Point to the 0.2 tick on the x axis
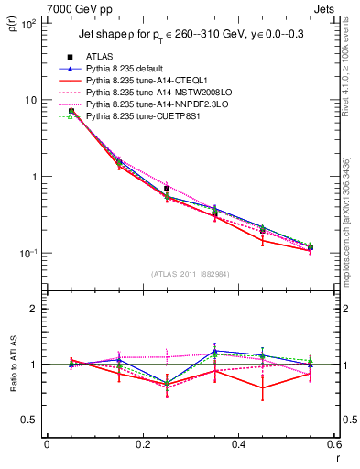142,444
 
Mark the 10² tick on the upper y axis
29,24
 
